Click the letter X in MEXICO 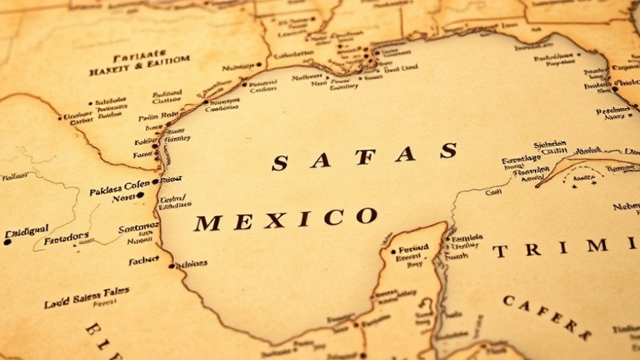point(274,221)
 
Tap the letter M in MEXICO point(208,223)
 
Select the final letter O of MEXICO point(366,216)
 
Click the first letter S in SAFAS point(279,164)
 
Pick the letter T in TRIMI point(501,251)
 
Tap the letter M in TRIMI point(597,245)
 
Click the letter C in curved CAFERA point(508,301)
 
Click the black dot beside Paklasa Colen point(155,182)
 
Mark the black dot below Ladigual point(7,242)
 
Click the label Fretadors point(67,238)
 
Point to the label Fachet point(144,260)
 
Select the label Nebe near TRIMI point(626,207)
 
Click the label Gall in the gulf point(493,191)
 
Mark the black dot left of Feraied point(393,251)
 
